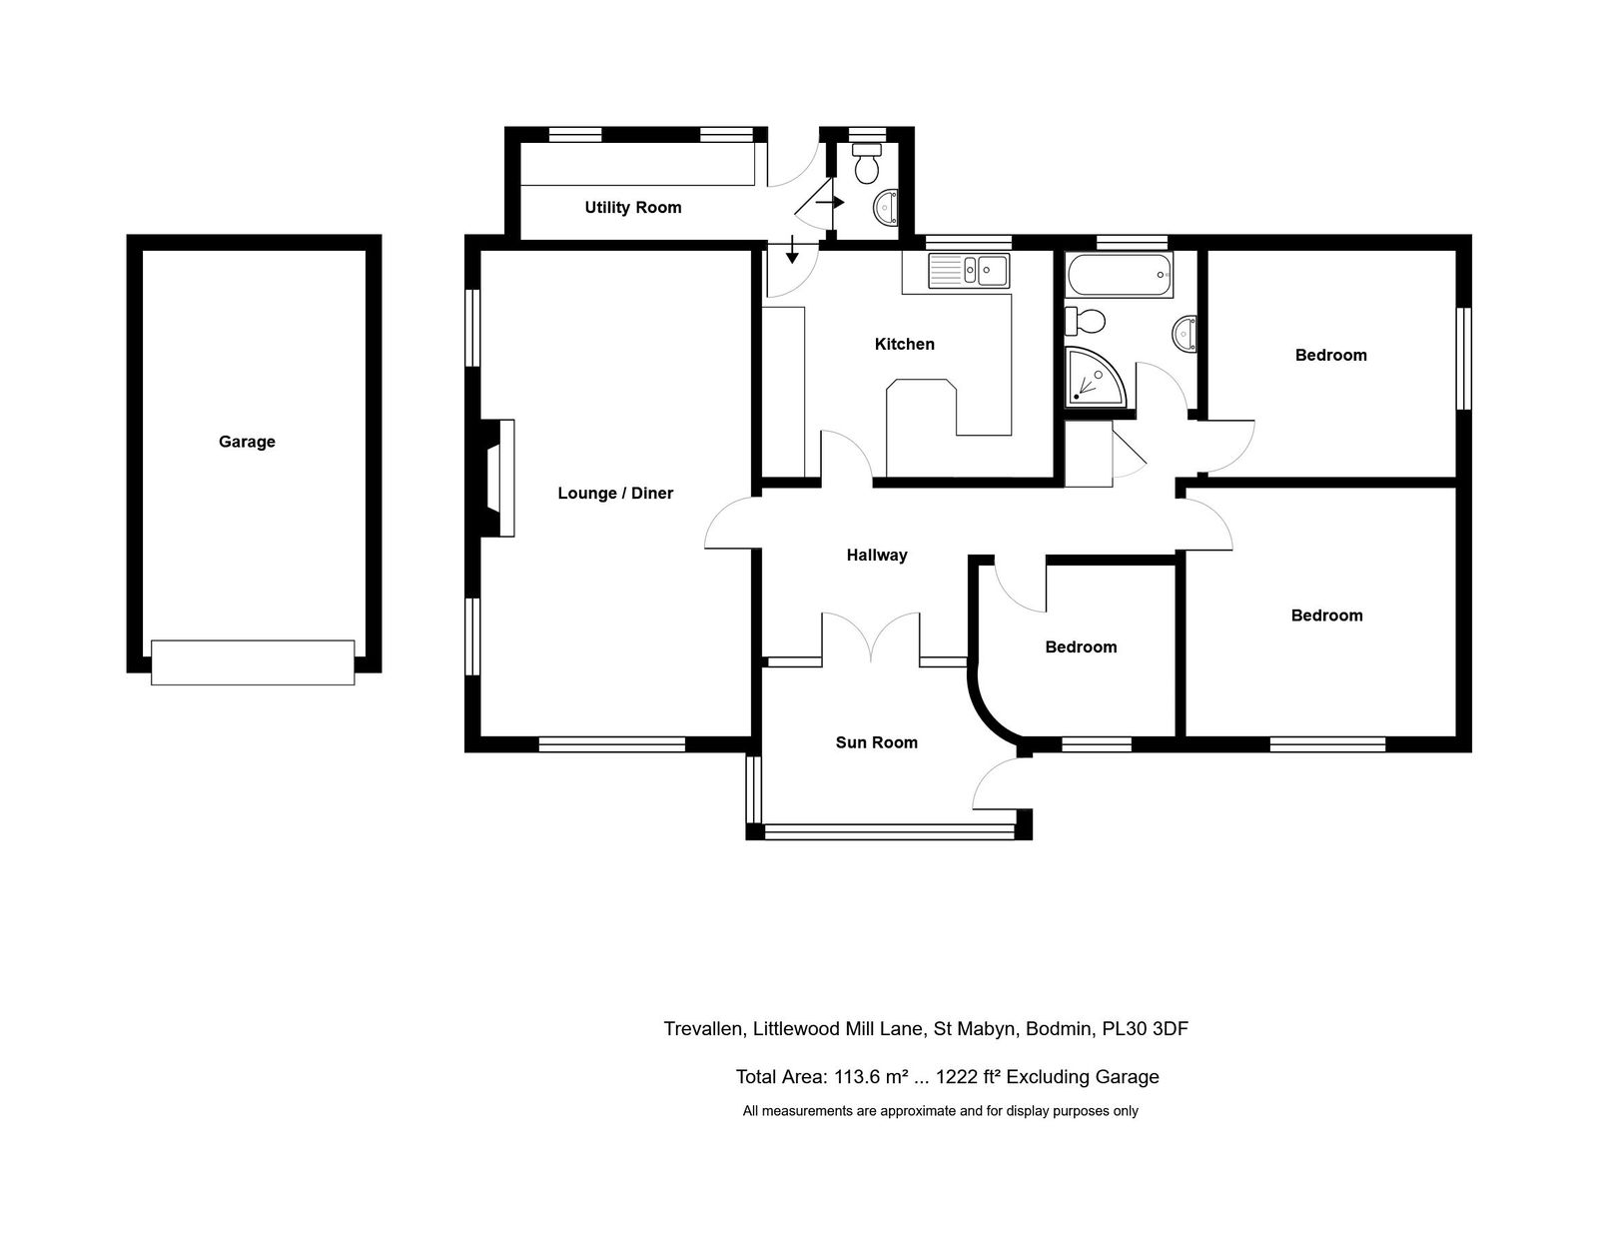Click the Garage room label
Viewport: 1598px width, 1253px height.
point(247,442)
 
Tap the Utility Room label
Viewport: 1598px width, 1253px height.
point(632,208)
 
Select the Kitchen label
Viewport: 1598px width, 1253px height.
point(904,344)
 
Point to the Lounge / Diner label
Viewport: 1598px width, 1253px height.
point(615,493)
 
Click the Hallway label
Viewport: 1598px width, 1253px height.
point(877,555)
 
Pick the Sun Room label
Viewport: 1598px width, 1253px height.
point(877,742)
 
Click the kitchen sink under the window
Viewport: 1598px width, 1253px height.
point(969,270)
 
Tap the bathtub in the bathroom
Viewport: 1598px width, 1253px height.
point(1119,275)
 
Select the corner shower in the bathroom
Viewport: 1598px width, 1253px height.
point(1095,376)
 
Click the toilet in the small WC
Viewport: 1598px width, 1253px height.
point(866,163)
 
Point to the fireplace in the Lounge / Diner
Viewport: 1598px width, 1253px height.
point(497,478)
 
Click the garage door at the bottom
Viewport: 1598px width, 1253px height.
point(253,662)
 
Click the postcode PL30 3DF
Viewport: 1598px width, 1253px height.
point(1145,1028)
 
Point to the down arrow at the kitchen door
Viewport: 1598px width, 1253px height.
point(792,249)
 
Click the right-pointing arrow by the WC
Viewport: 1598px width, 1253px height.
point(830,202)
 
